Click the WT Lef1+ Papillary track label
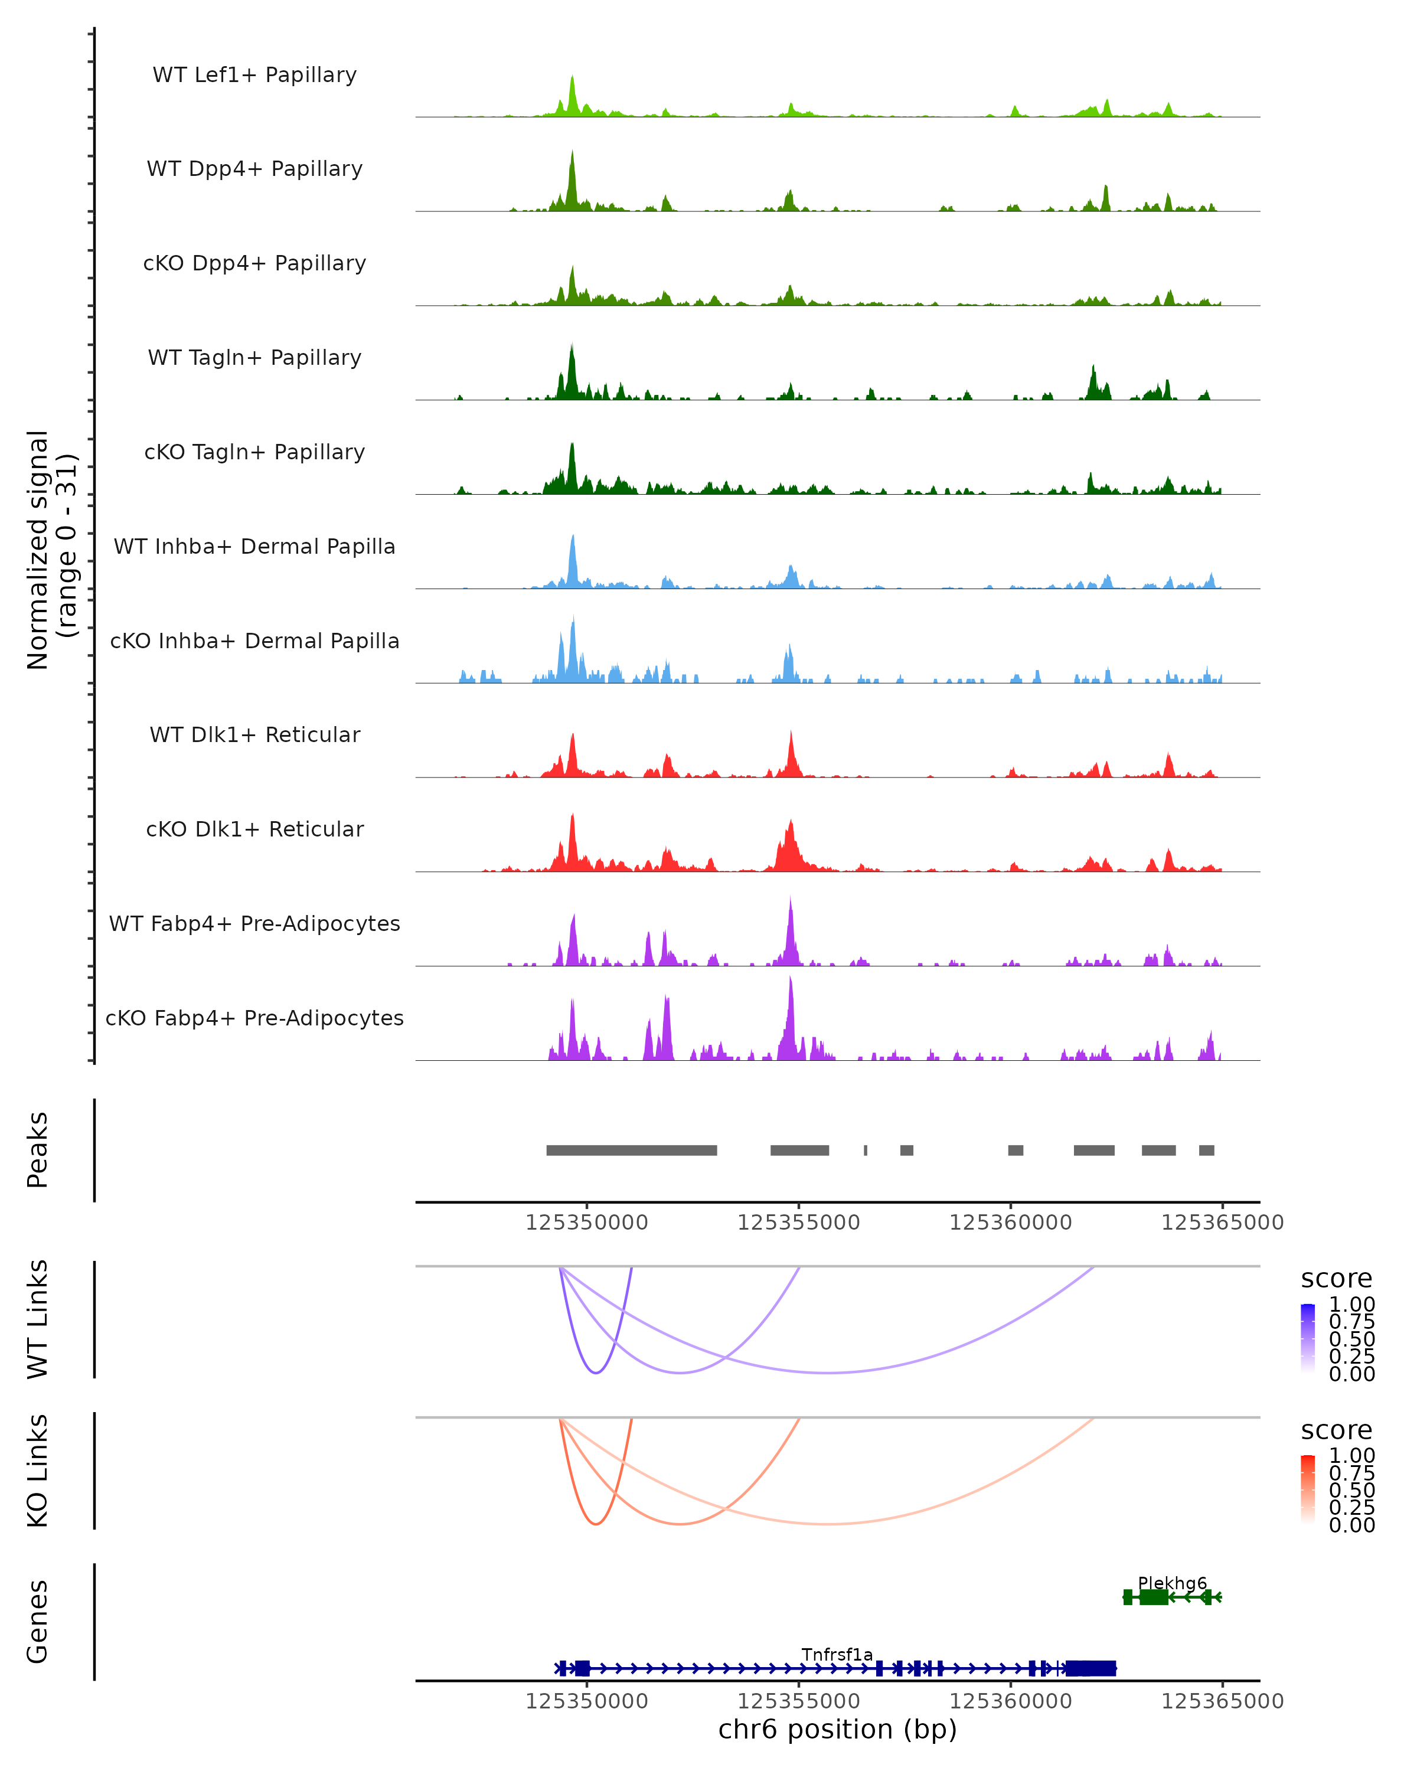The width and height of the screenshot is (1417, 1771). (254, 75)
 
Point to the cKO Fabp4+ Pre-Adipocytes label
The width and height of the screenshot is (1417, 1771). (254, 1018)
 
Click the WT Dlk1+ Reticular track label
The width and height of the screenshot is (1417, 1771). (254, 734)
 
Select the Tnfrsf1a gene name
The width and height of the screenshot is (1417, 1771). (837, 1654)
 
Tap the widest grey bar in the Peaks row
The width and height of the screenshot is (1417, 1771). (632, 1150)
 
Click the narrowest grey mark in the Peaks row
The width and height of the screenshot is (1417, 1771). (865, 1150)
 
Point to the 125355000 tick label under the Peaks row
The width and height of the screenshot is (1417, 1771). (798, 1223)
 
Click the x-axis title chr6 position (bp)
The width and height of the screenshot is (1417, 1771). (837, 1729)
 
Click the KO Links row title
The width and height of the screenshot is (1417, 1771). (38, 1471)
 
